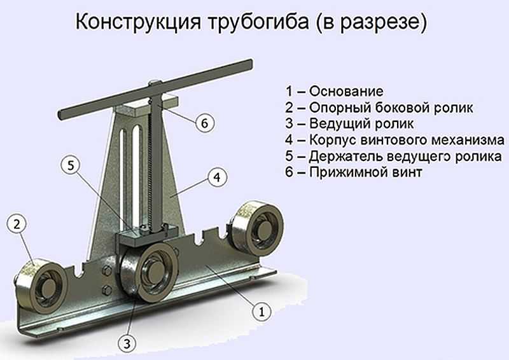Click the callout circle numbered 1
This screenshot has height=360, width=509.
(261, 312)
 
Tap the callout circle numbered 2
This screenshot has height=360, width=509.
(17, 224)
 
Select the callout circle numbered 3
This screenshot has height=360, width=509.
(127, 343)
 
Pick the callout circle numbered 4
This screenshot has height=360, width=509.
(218, 177)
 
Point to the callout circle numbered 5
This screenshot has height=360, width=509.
(71, 165)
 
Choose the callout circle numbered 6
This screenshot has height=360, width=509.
(204, 123)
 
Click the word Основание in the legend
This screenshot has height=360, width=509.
(346, 91)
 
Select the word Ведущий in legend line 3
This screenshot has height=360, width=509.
(338, 123)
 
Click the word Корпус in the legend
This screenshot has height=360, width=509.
(332, 140)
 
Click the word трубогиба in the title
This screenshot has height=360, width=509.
(258, 22)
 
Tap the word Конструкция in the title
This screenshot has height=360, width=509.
(139, 22)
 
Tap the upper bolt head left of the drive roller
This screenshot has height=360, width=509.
(107, 270)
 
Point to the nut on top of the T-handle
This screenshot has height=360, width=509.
(154, 83)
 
